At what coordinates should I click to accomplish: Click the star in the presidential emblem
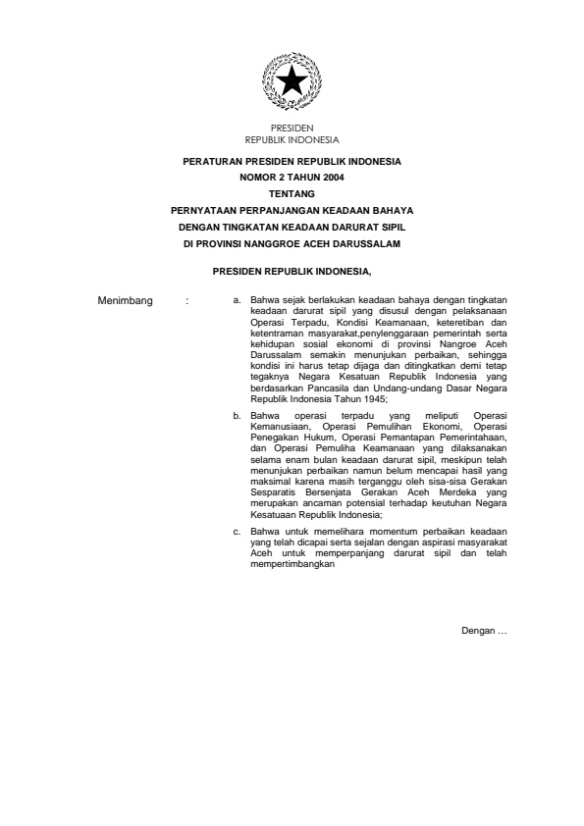tap(292, 81)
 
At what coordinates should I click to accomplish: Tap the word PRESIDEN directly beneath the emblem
tap(292, 128)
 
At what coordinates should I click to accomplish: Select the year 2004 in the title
tap(306, 178)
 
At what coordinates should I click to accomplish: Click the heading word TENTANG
tap(292, 194)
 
